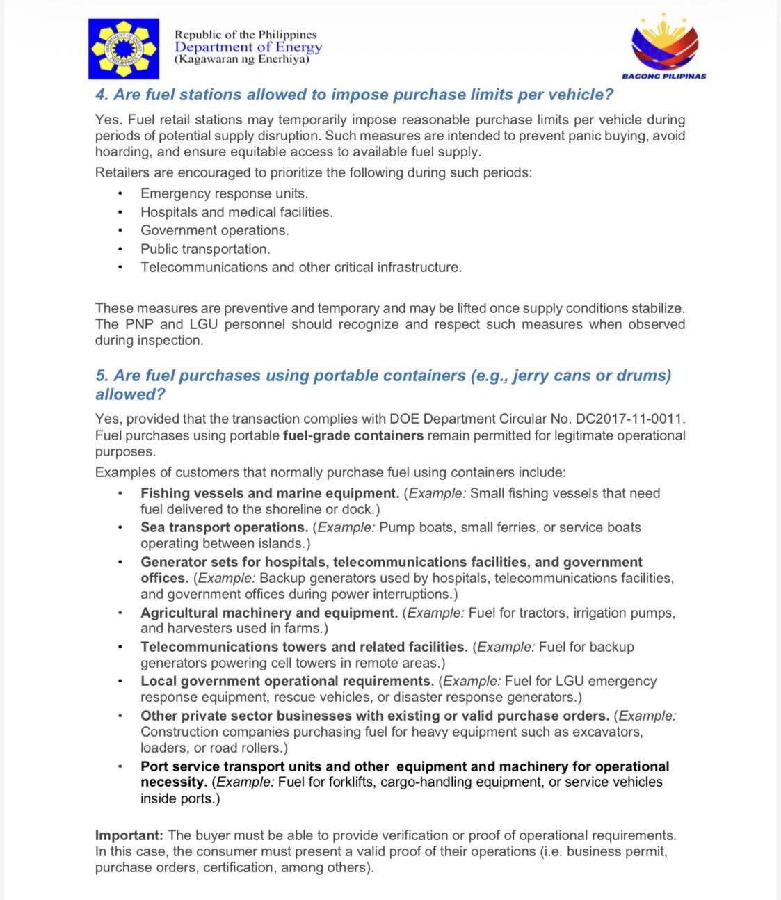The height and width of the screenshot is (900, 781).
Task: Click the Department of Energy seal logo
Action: [x=124, y=49]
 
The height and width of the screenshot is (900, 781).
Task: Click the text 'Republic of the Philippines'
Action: [x=245, y=34]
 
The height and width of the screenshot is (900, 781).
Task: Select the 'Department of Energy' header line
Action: [x=248, y=47]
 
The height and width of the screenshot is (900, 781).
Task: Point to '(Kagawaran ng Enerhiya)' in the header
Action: [x=241, y=59]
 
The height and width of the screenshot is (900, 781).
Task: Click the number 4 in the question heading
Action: [x=100, y=95]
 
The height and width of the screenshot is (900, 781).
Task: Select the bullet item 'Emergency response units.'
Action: [x=224, y=193]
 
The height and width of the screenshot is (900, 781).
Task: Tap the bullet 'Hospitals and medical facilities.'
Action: [x=236, y=212]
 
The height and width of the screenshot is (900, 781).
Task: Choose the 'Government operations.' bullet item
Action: [x=214, y=230]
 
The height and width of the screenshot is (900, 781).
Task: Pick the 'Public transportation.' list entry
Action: [x=205, y=249]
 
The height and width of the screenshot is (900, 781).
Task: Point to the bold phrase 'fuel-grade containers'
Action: [x=353, y=435]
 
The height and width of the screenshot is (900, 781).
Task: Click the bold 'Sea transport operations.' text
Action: [x=224, y=527]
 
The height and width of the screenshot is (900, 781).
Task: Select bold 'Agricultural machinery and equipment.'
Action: [x=269, y=613]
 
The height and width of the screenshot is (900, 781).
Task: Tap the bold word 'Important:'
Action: [x=129, y=835]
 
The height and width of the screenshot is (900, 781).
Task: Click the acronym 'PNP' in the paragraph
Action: [x=139, y=324]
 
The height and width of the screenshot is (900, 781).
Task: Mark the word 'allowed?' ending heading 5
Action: [x=130, y=394]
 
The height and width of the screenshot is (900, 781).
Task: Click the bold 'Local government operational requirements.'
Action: [x=287, y=681]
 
